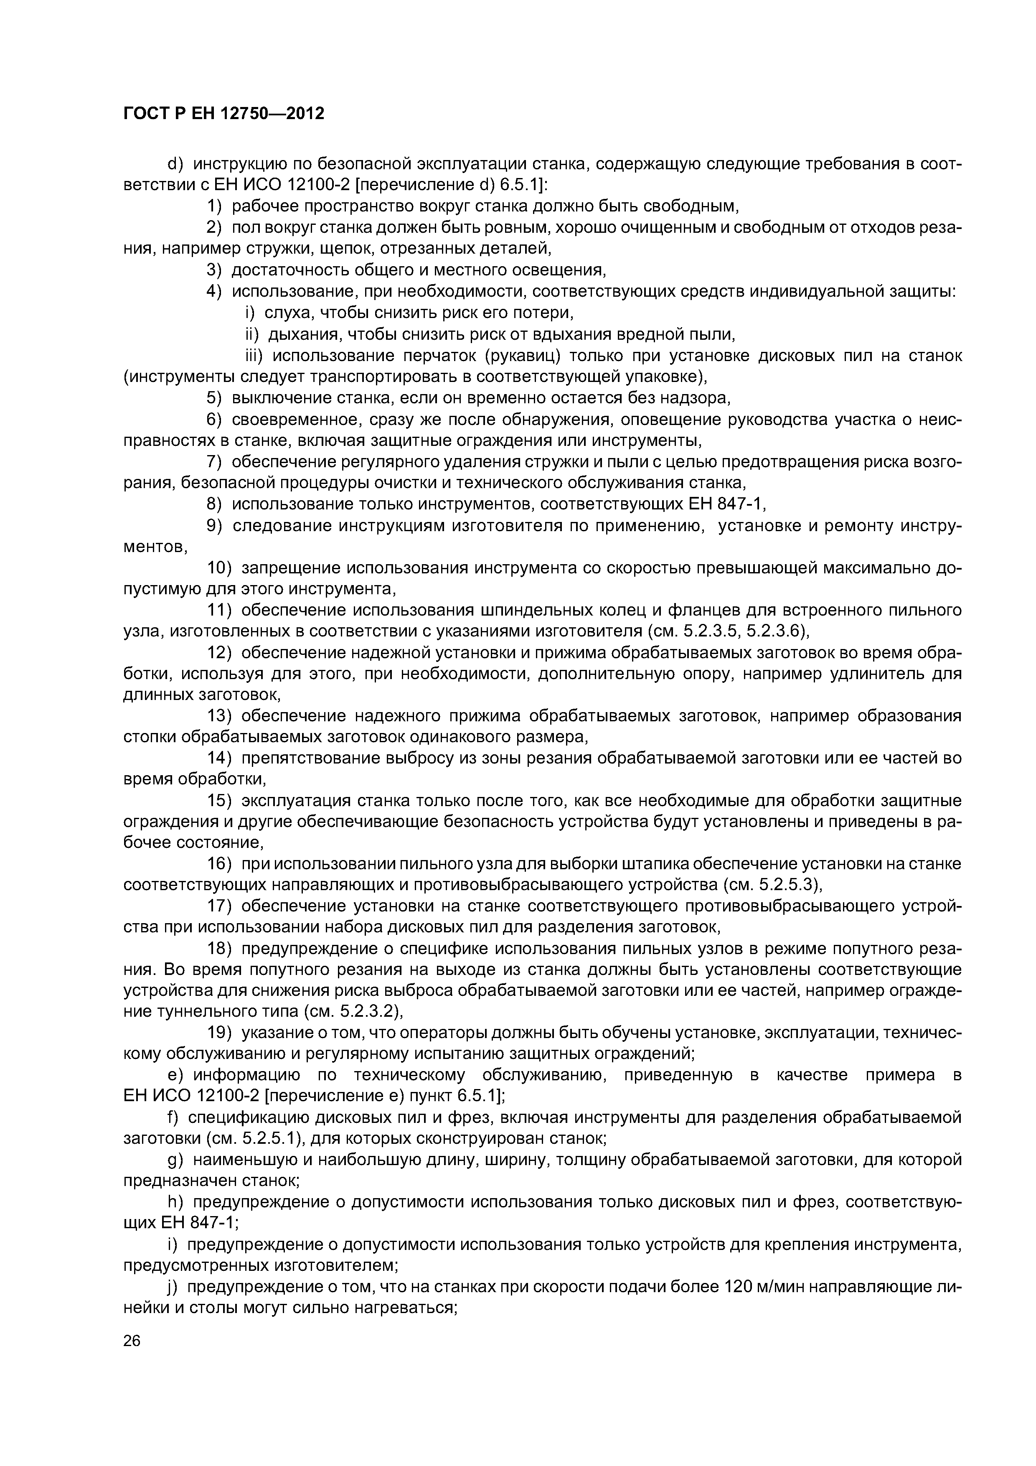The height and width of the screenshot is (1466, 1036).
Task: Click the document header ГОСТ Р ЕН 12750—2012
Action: click(223, 114)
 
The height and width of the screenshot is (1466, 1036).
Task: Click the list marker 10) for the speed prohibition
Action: click(220, 568)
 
